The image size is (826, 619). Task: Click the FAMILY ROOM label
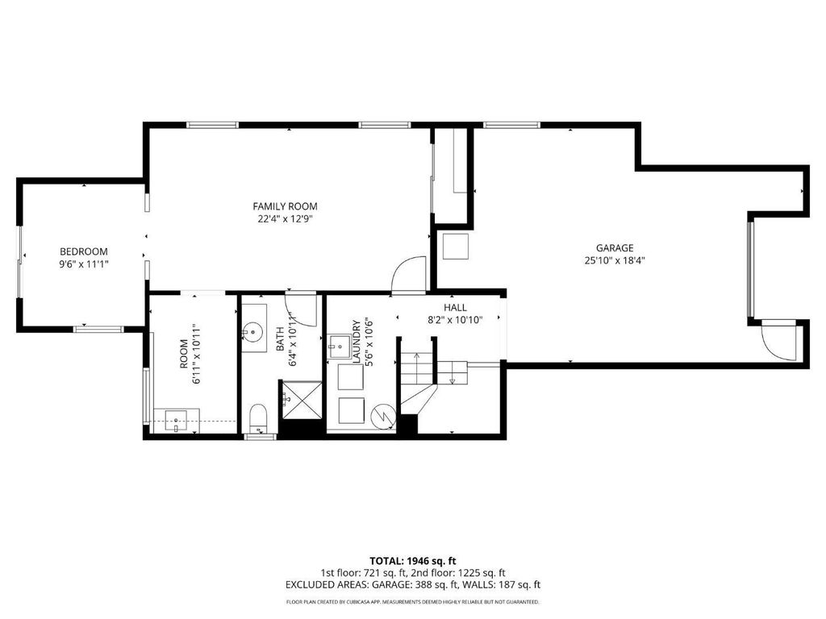[x=285, y=206]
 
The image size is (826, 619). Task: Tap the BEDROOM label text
[x=84, y=251]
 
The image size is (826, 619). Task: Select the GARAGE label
[x=615, y=248]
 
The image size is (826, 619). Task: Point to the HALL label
[x=455, y=307]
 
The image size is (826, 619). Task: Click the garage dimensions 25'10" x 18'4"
[x=615, y=260]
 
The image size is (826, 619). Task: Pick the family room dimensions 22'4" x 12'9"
[x=285, y=218]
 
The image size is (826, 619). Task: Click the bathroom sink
[x=254, y=331]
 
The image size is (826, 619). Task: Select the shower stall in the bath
[x=302, y=400]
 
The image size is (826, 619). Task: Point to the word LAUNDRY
[x=356, y=341]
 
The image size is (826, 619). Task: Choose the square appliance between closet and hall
[x=456, y=247]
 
